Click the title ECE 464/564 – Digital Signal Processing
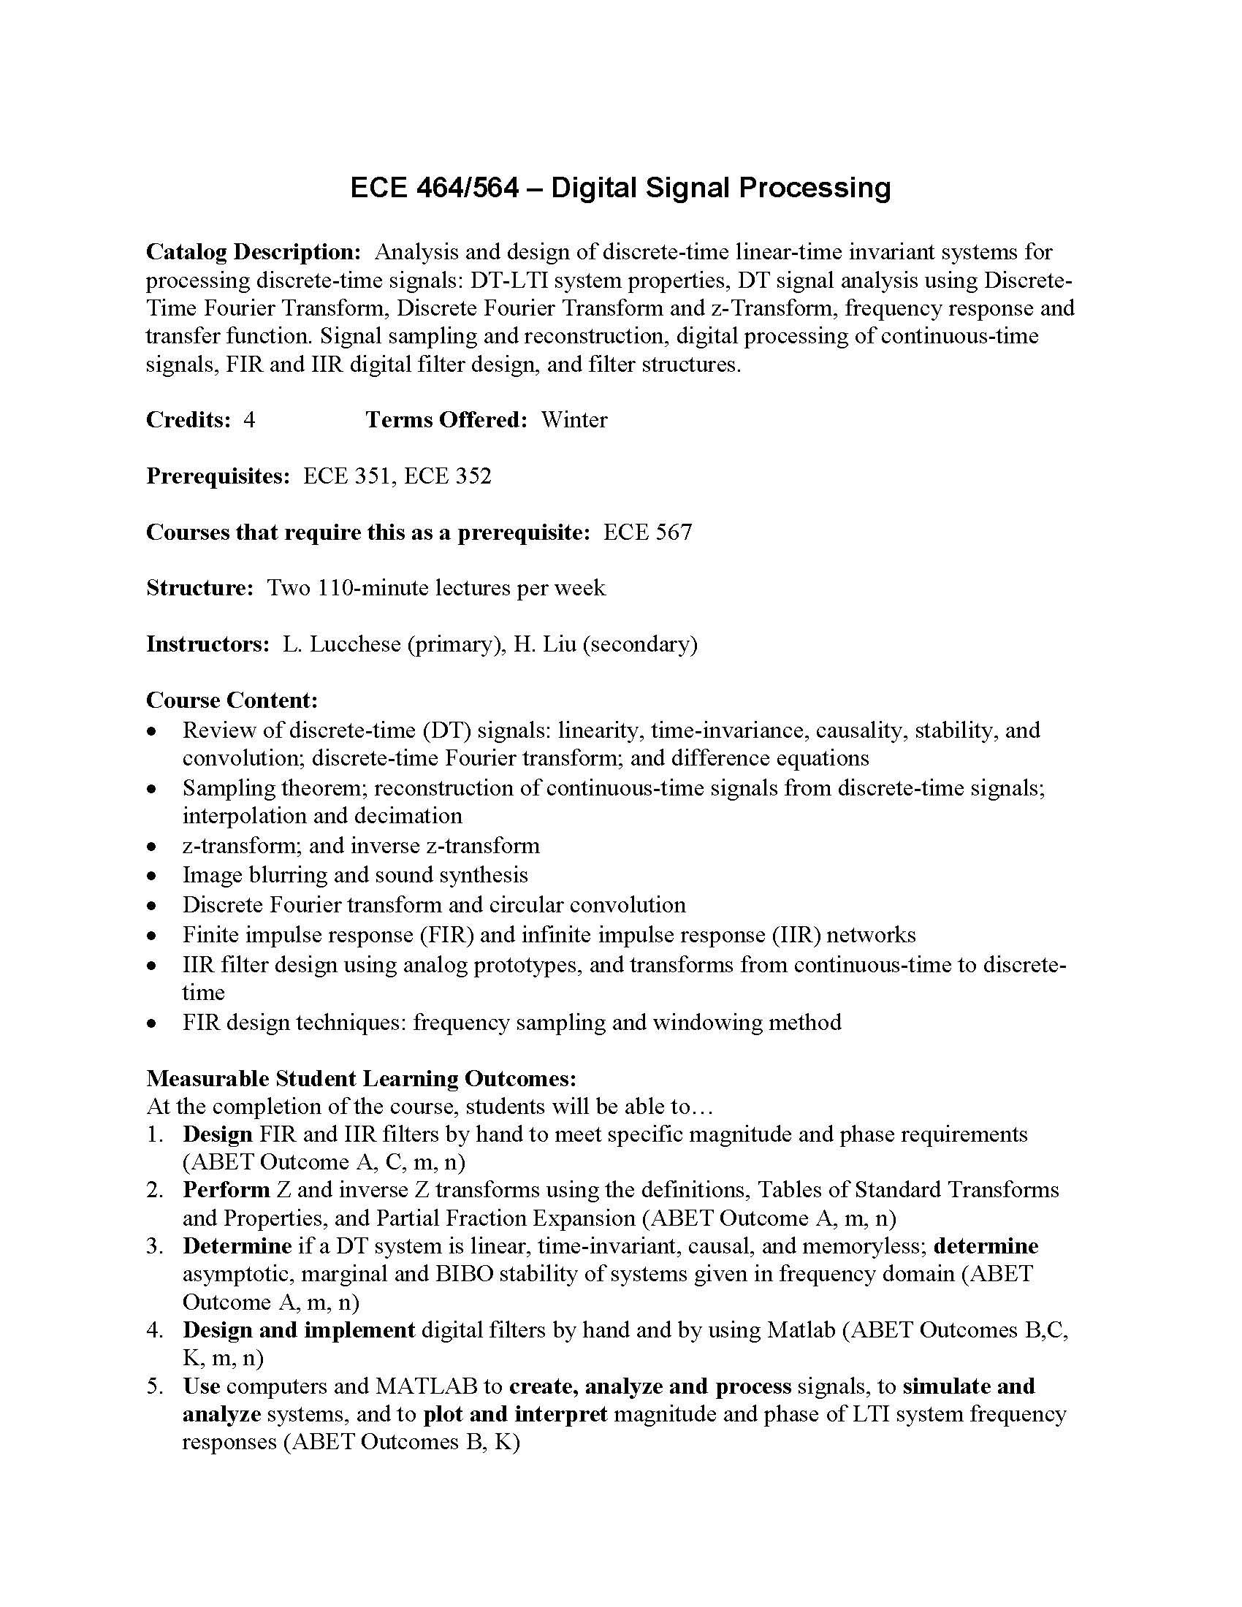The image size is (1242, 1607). pyautogui.click(x=620, y=188)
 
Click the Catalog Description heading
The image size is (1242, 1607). pyautogui.click(x=253, y=252)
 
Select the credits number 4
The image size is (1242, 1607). pyautogui.click(x=249, y=419)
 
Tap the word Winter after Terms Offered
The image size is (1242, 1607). pyautogui.click(x=574, y=419)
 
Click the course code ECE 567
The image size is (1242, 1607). pyautogui.click(x=647, y=532)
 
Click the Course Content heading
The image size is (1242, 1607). pyautogui.click(x=232, y=700)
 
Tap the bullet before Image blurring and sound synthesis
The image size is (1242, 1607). pyautogui.click(x=151, y=877)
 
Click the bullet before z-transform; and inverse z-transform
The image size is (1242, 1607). pyautogui.click(x=151, y=847)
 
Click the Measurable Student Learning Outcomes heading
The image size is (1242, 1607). pyautogui.click(x=361, y=1078)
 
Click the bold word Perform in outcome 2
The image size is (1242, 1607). pyautogui.click(x=226, y=1190)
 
